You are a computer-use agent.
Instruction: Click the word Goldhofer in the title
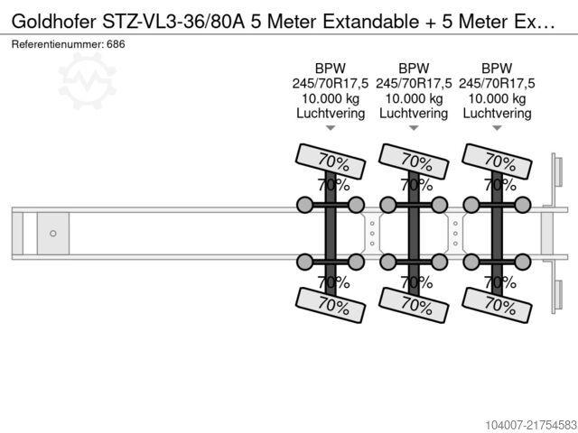click(53, 22)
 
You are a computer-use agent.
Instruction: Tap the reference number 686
click(116, 44)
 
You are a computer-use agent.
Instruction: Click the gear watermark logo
click(87, 81)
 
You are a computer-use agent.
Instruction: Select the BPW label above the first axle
click(331, 69)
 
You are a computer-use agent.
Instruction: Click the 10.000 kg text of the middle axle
click(414, 98)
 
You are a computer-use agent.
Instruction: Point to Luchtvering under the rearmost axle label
click(497, 114)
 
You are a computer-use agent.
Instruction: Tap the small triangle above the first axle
click(331, 128)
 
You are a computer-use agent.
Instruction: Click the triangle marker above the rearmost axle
click(497, 128)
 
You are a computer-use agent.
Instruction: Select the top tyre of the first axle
click(331, 161)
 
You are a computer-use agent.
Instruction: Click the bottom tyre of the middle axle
click(414, 305)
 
